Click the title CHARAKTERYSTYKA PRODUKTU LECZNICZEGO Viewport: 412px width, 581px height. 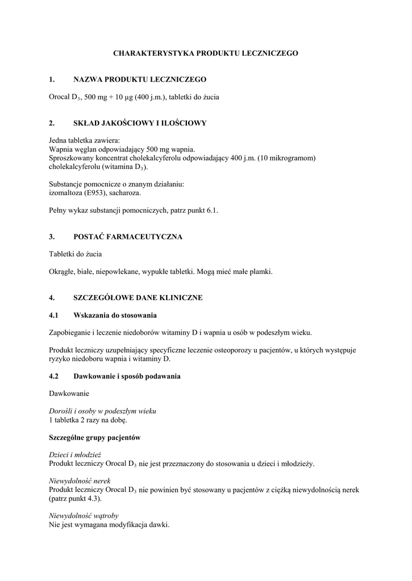tap(206, 53)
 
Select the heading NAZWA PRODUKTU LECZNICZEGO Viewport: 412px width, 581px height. tap(140, 79)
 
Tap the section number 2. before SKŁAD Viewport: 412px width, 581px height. tap(52, 123)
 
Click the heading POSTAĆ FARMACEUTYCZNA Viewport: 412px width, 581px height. tap(128, 237)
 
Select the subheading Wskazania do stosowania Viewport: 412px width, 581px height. tap(115, 315)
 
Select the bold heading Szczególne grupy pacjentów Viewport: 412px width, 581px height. tap(94, 438)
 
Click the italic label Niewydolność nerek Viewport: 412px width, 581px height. tap(78, 481)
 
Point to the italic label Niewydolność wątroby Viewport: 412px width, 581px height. tap(84, 516)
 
